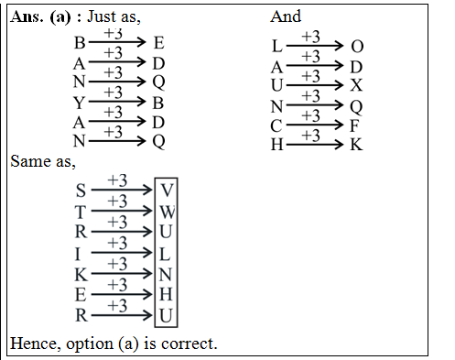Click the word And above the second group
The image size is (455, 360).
coord(286,16)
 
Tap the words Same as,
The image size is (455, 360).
coord(43,161)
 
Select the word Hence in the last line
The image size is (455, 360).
coord(33,344)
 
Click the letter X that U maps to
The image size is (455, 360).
coord(356,85)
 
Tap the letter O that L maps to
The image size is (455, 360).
coord(356,46)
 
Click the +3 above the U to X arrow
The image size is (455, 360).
coord(311,76)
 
